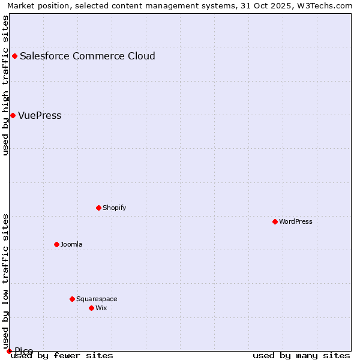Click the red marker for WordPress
coord(275,221)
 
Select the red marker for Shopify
coord(98,208)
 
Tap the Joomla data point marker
coord(56,244)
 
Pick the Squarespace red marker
coord(72,299)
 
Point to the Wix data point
coord(91,308)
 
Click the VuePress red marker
coord(13,115)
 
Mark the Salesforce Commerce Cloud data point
coord(14,56)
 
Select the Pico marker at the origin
coord(9,351)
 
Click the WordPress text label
coord(296,221)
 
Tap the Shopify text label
coord(114,208)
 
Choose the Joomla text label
coord(71,244)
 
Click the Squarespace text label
coord(97,299)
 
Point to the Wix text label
coord(101,308)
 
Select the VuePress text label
coord(40,115)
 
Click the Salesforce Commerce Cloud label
coord(88,56)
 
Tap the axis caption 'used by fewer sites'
coord(62,355)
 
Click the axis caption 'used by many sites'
coord(301,355)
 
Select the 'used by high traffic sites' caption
coord(5,85)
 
